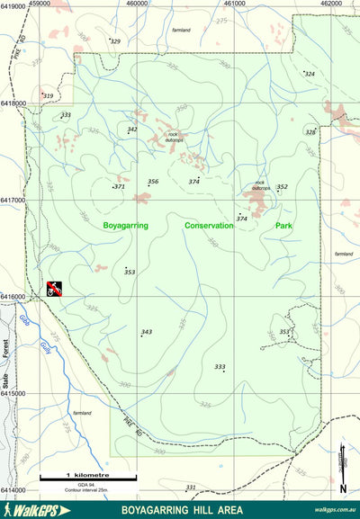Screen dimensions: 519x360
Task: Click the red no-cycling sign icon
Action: point(55,289)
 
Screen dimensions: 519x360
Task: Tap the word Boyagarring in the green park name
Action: point(125,226)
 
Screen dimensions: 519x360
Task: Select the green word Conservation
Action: point(209,226)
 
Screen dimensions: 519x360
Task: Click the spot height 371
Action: point(119,186)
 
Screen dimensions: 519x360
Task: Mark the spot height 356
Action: point(153,182)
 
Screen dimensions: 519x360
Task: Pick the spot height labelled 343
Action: point(147,332)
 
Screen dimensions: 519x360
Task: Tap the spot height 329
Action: point(114,41)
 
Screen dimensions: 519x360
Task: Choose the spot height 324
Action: point(310,73)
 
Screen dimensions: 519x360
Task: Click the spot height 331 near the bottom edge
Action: point(190,487)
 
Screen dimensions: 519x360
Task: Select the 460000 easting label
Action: point(137,4)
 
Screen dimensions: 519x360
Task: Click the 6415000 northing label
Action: point(13,393)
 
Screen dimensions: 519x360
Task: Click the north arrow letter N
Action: point(343,488)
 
